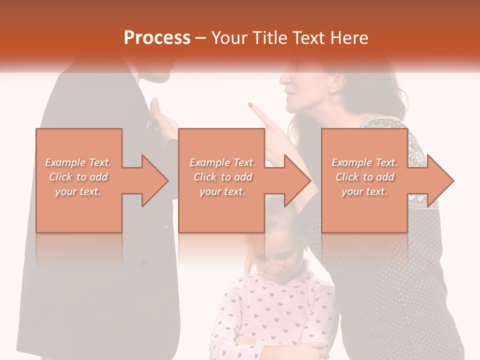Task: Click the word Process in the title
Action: [157, 38]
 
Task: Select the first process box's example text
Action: [78, 177]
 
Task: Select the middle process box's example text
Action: [222, 177]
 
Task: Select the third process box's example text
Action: [364, 177]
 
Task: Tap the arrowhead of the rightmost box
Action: [440, 180]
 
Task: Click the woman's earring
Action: [335, 97]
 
